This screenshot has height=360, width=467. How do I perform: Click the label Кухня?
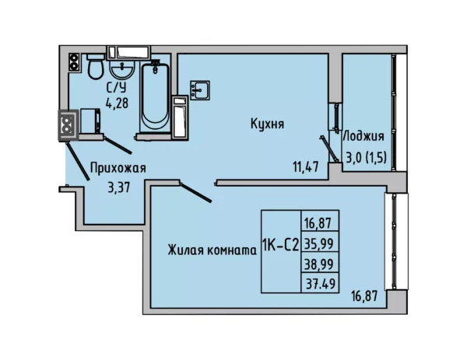[266, 124]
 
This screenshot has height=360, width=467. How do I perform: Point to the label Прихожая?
[118, 167]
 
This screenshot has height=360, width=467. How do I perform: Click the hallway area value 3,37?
[118, 186]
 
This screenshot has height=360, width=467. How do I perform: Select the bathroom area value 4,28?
[117, 102]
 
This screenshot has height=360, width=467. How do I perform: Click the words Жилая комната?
[212, 250]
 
